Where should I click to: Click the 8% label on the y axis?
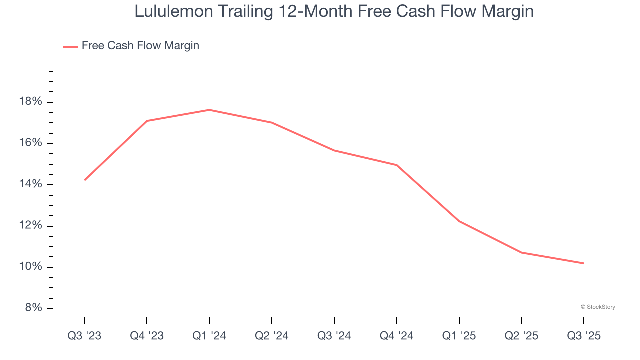(33, 308)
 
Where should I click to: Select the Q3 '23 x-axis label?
(84, 336)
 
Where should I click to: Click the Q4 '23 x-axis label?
(147, 336)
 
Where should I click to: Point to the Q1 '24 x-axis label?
(209, 336)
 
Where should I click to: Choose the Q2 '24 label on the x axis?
(272, 336)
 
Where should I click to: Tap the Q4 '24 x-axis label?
(397, 336)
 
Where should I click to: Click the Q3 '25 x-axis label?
(584, 336)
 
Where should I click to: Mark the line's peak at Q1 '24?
(209, 110)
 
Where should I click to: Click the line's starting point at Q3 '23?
(84, 180)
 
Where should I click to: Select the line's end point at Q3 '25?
(584, 263)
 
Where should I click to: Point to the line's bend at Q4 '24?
(397, 165)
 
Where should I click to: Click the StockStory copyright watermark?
(598, 307)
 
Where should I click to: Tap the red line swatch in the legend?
(70, 46)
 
